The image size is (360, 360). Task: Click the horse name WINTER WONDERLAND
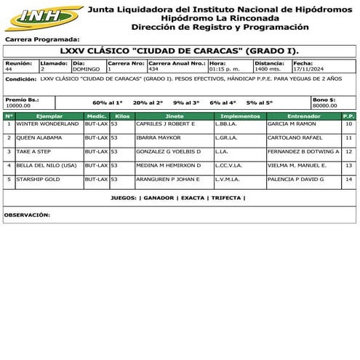click(47, 124)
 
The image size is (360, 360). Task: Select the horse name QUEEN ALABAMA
click(41, 137)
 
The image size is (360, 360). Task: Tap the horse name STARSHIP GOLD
click(39, 179)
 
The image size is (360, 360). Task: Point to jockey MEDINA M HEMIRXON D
click(169, 165)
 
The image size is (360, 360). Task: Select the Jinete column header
click(174, 116)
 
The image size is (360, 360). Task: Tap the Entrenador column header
click(303, 116)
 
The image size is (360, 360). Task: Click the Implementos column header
click(239, 116)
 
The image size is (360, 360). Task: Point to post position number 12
click(349, 151)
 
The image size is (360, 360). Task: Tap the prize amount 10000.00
click(18, 105)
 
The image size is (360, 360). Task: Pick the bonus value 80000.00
click(324, 105)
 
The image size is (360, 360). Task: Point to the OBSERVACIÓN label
click(28, 215)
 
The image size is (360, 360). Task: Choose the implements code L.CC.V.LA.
click(228, 165)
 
